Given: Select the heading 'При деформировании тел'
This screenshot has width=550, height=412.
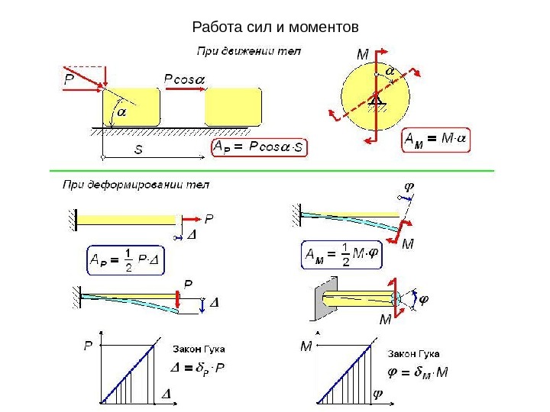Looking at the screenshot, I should [135, 185].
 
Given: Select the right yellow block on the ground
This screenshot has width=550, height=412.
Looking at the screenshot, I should [233, 106].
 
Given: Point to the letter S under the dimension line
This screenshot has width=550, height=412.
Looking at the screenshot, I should [137, 150].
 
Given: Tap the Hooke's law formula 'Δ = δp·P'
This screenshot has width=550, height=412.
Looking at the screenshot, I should [199, 371].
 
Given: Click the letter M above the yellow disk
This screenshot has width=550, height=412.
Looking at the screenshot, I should [362, 55].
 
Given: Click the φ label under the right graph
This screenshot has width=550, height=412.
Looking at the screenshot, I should [377, 394].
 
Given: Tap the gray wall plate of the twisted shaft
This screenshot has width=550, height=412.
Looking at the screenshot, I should [318, 303].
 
